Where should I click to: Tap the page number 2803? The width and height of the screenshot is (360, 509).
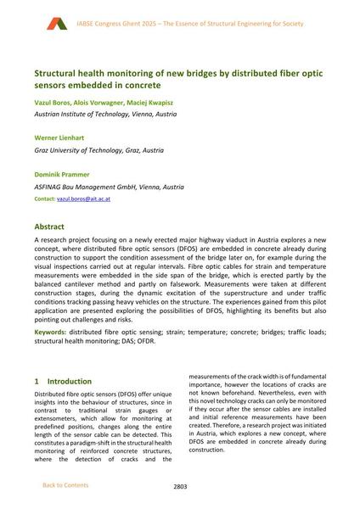click(x=180, y=486)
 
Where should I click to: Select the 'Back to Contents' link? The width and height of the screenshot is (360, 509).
click(x=65, y=485)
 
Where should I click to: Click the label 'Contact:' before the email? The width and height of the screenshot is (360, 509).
click(x=44, y=197)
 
